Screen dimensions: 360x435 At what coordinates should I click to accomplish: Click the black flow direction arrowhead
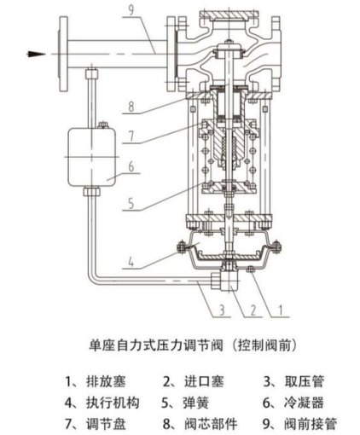coord(36,54)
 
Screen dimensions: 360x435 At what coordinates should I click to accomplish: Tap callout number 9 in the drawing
coord(131,11)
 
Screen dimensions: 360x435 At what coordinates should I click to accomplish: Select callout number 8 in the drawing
coord(131,107)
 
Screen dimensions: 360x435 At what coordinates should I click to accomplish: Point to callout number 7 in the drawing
coord(131,136)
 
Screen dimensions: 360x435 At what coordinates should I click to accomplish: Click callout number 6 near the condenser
coord(131,166)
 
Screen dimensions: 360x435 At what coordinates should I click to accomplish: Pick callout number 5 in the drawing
coord(131,204)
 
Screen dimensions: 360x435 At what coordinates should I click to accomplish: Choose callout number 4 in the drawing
coord(131,262)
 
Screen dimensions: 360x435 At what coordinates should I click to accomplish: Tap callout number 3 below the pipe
coord(223,310)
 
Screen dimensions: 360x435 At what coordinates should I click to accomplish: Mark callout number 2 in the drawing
coord(253,310)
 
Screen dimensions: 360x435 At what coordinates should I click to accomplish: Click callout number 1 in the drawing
coord(281,310)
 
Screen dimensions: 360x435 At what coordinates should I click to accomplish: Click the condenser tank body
coord(91,157)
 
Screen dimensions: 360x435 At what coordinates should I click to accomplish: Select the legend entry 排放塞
coord(106,381)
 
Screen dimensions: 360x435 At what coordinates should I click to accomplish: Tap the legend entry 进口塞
coord(204,381)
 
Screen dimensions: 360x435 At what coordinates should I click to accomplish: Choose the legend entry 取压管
coord(304,381)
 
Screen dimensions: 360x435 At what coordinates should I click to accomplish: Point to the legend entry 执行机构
coord(113,403)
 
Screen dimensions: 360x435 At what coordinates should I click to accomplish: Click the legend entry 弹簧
coord(196,403)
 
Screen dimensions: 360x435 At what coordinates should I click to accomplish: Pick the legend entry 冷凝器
coord(304,403)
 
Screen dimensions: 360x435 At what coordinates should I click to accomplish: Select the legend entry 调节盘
coord(106,424)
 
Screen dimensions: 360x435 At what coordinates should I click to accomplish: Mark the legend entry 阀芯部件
coord(211,424)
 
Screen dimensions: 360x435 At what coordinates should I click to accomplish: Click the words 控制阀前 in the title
coord(265,345)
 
